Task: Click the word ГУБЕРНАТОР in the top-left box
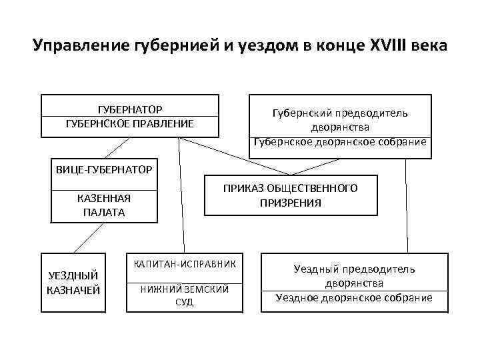130,109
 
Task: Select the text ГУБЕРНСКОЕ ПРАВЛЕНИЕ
130,123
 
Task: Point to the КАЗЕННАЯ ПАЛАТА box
104,205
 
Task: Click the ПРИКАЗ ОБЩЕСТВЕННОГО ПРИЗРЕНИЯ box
290,195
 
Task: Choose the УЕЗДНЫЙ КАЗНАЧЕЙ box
73,282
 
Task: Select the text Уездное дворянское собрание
354,298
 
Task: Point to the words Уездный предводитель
354,269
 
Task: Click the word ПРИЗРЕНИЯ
290,203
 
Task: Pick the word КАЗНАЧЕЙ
73,289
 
